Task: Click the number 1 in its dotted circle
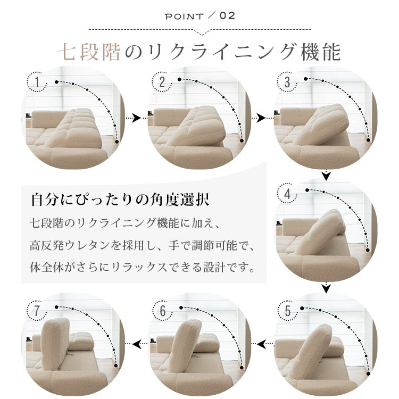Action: click(37, 82)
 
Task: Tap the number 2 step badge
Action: click(162, 82)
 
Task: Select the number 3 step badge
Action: click(287, 82)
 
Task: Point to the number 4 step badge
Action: click(287, 194)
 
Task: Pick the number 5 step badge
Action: click(287, 311)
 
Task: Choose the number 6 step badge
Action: click(163, 311)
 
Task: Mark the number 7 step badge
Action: click(37, 311)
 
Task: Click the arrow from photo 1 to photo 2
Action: click(133, 118)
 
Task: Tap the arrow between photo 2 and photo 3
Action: click(259, 118)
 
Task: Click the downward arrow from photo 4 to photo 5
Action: click(326, 287)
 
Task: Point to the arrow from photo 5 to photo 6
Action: click(265, 344)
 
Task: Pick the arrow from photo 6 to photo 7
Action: click(140, 344)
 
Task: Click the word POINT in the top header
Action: click(184, 16)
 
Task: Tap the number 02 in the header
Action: click(227, 16)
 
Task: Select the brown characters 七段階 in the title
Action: click(89, 52)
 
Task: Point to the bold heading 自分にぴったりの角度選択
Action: click(120, 199)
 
